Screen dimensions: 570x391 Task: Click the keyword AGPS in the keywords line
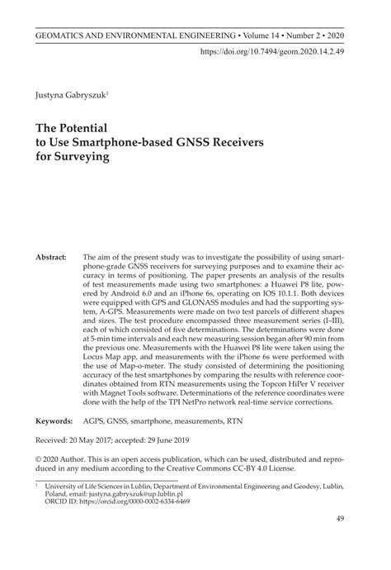[x=95, y=420]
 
